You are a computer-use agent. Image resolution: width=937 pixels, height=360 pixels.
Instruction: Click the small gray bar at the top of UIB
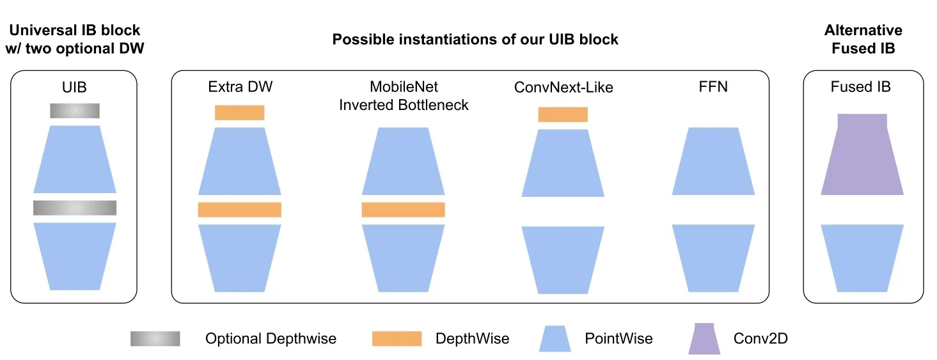(75, 111)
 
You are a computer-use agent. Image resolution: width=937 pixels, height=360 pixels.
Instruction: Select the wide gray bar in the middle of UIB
(75, 208)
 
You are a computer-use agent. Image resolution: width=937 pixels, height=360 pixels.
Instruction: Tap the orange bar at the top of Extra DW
(239, 113)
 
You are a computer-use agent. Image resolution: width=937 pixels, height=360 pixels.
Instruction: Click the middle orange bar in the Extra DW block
(239, 210)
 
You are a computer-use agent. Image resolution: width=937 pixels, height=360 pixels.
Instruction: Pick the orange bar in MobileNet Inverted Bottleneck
(403, 210)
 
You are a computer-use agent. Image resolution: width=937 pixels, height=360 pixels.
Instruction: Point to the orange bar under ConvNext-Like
(563, 114)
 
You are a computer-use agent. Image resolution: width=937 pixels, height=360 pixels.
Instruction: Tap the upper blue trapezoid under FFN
(713, 161)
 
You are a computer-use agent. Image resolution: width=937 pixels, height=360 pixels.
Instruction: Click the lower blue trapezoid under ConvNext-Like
(563, 260)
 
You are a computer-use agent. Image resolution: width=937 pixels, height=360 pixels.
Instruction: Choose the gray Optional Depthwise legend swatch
(155, 338)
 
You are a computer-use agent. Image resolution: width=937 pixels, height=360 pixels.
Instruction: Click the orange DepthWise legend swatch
(397, 338)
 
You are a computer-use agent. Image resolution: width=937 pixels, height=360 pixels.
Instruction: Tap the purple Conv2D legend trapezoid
(704, 338)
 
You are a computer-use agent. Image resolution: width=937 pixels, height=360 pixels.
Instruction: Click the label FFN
(713, 86)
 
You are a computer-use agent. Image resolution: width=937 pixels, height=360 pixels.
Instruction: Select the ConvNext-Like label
(563, 87)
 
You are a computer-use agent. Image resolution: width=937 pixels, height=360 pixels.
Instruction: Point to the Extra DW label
(240, 86)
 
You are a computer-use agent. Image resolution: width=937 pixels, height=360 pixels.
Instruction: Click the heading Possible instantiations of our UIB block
(475, 40)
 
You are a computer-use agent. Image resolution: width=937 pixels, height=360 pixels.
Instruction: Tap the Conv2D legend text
(760, 338)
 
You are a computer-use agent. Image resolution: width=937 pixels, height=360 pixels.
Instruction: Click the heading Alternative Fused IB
(863, 39)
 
